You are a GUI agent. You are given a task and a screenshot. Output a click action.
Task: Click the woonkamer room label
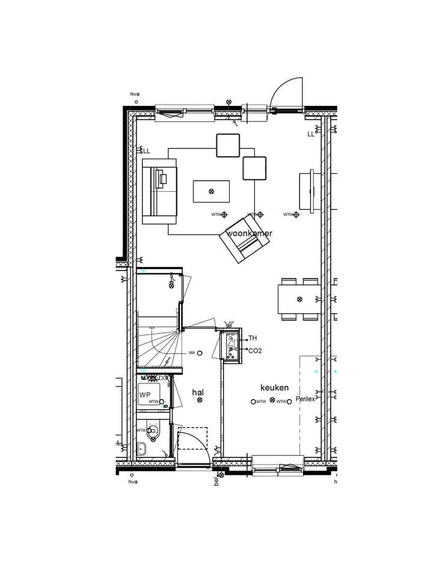coord(249,233)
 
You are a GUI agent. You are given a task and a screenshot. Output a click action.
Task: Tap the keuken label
coord(274,388)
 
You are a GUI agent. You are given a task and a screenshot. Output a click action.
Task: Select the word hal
coord(198,392)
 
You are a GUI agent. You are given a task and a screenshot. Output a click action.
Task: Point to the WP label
coord(144,395)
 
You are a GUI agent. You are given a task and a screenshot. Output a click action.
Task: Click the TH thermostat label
coord(253,338)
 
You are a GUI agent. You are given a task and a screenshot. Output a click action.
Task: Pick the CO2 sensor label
coord(255,350)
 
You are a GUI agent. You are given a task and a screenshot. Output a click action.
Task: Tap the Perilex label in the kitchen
coord(305,399)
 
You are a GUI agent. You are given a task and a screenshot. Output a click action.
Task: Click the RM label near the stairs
coord(192,353)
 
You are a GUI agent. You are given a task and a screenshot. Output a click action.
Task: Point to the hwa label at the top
coord(135,94)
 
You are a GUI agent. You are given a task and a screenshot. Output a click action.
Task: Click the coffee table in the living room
coord(211,191)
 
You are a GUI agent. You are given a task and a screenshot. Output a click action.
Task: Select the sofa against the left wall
coord(159,191)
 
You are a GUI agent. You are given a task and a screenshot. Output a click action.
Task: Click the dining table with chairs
coord(299,299)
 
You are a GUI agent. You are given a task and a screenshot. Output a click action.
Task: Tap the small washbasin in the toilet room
coord(141,448)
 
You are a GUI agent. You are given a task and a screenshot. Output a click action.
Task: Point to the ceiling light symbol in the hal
coord(200,400)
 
